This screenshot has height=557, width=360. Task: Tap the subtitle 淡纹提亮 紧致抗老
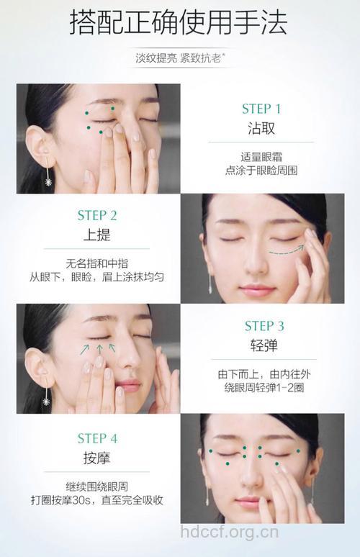coord(179,58)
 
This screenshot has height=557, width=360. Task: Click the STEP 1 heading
coord(261,109)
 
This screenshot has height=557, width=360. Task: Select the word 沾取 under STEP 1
coord(261,130)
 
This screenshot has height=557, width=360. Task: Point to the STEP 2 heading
coord(97,215)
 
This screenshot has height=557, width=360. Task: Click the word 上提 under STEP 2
coord(97,235)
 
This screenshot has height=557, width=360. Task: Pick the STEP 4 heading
coord(97,438)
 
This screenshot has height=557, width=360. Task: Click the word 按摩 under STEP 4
coord(97,458)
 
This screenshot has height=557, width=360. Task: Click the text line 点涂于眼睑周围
coord(261,171)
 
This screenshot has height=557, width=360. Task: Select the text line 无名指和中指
coord(97,263)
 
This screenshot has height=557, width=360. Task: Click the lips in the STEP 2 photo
coord(257,290)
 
